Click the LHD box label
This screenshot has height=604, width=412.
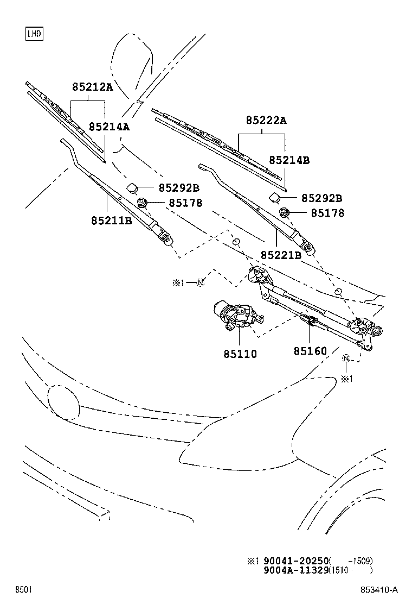point(34,34)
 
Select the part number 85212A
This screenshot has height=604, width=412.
point(92,87)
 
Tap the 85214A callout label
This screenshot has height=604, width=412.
point(110,127)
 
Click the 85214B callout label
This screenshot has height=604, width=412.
point(289,160)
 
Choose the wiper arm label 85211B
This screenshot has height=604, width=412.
point(111,221)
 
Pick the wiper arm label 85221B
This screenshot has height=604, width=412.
point(280,254)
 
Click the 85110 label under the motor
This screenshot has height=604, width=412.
point(240,354)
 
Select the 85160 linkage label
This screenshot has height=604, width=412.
point(311,351)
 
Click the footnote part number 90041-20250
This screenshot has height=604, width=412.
point(297,561)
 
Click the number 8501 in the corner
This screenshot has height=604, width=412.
point(23,590)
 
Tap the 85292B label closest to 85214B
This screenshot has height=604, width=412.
point(321,198)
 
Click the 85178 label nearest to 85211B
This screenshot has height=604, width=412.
point(185,203)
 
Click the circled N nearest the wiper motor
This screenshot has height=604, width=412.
point(200,282)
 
